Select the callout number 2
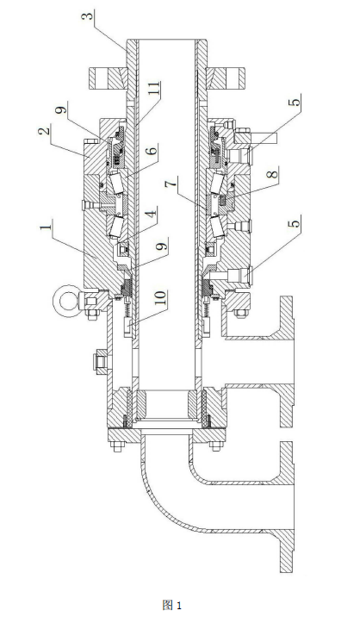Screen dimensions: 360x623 coord(45,131)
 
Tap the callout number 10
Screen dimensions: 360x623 coord(162,298)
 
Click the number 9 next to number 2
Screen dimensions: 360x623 coord(62,108)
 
